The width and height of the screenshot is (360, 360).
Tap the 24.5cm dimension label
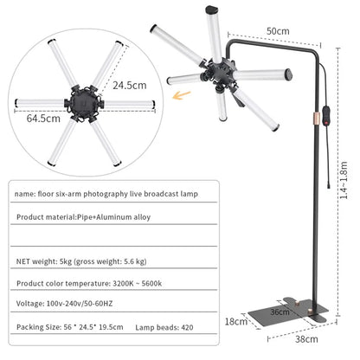pyautogui.click(x=130, y=85)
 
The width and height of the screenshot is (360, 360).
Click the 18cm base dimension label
pyautogui.click(x=235, y=320)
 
